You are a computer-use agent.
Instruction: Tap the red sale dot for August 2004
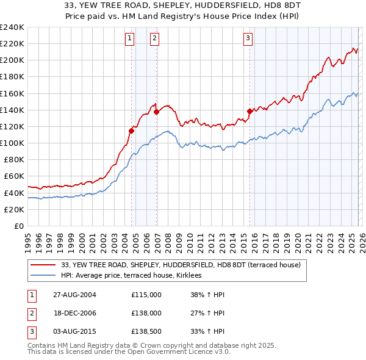click(132, 131)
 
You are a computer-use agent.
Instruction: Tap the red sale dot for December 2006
click(157, 112)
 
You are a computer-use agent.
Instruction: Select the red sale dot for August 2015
click(249, 111)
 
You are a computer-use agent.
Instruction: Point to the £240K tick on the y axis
click(12, 27)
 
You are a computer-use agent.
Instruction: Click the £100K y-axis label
click(12, 143)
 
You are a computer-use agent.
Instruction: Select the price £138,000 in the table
click(146, 313)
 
